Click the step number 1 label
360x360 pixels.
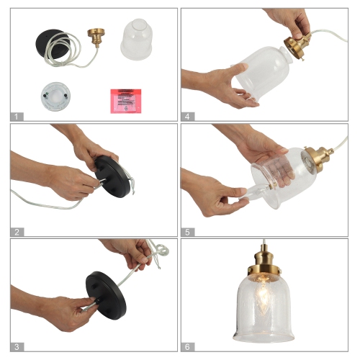(18, 116)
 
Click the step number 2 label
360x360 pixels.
(18, 231)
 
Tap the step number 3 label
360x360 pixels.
(18, 346)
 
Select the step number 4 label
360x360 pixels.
(188, 116)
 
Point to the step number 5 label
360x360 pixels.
(188, 231)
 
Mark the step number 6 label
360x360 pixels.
(188, 346)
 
